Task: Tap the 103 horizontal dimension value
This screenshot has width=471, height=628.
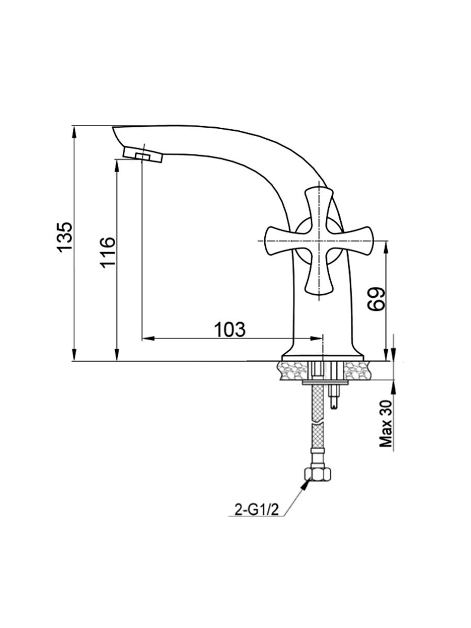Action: [x=230, y=330]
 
